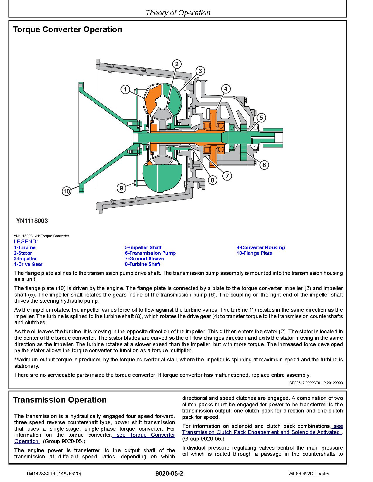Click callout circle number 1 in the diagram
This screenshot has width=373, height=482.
125,89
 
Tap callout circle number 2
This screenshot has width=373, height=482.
177,64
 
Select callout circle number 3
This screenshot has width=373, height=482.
200,71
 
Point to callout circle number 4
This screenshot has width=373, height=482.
226,89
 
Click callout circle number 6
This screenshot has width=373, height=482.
264,165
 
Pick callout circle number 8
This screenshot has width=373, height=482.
213,180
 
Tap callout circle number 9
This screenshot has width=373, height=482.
121,188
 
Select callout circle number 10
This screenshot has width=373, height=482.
67,191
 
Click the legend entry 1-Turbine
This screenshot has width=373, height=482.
25,247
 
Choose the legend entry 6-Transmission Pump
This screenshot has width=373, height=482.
150,253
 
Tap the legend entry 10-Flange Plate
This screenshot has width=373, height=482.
254,253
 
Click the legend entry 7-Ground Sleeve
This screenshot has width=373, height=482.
144,259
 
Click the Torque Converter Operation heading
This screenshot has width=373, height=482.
68,30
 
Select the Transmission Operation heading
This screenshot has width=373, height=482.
60,400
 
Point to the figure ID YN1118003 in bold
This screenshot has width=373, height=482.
32,221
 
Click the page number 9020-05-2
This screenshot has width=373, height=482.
169,474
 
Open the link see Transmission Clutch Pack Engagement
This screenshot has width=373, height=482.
262,432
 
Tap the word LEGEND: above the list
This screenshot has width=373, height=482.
26,242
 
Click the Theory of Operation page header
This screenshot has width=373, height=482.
178,13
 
